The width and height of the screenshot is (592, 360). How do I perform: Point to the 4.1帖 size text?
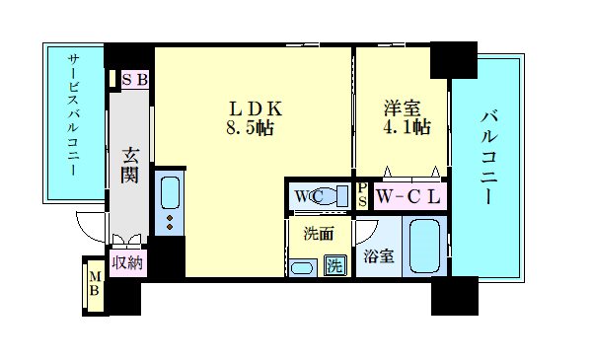tap(406, 127)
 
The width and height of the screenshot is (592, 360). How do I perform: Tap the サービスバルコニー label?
tap(73, 116)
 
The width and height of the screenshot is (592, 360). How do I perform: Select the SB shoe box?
tap(134, 80)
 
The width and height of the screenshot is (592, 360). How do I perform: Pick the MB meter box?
tap(96, 284)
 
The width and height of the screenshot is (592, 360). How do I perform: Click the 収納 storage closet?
tap(127, 262)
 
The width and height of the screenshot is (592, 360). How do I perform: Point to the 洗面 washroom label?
tap(317, 235)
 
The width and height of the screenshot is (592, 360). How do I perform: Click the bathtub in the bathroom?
tap(425, 249)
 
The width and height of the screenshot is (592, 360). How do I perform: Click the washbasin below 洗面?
tap(303, 266)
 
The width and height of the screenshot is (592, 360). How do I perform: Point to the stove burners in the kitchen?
tap(169, 224)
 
